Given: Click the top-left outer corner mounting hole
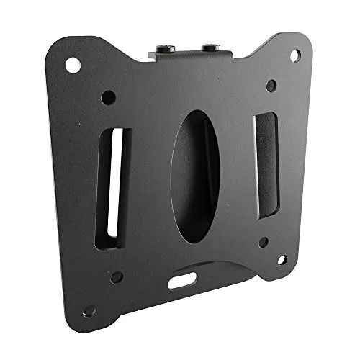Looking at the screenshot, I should coord(73,65).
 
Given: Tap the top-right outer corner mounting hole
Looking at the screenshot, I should coord(294,55).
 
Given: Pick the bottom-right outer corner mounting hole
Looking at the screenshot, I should coord(282,259).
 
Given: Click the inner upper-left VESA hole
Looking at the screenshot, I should coord(108,96).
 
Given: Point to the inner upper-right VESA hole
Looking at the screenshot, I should coord(271,86).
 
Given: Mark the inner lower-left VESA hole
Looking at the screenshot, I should coord(116,277).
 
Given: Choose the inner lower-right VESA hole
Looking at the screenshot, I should coord(264,242).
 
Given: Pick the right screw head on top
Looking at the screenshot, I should coord(209,48).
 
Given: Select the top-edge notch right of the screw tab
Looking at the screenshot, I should coord(248,45).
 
